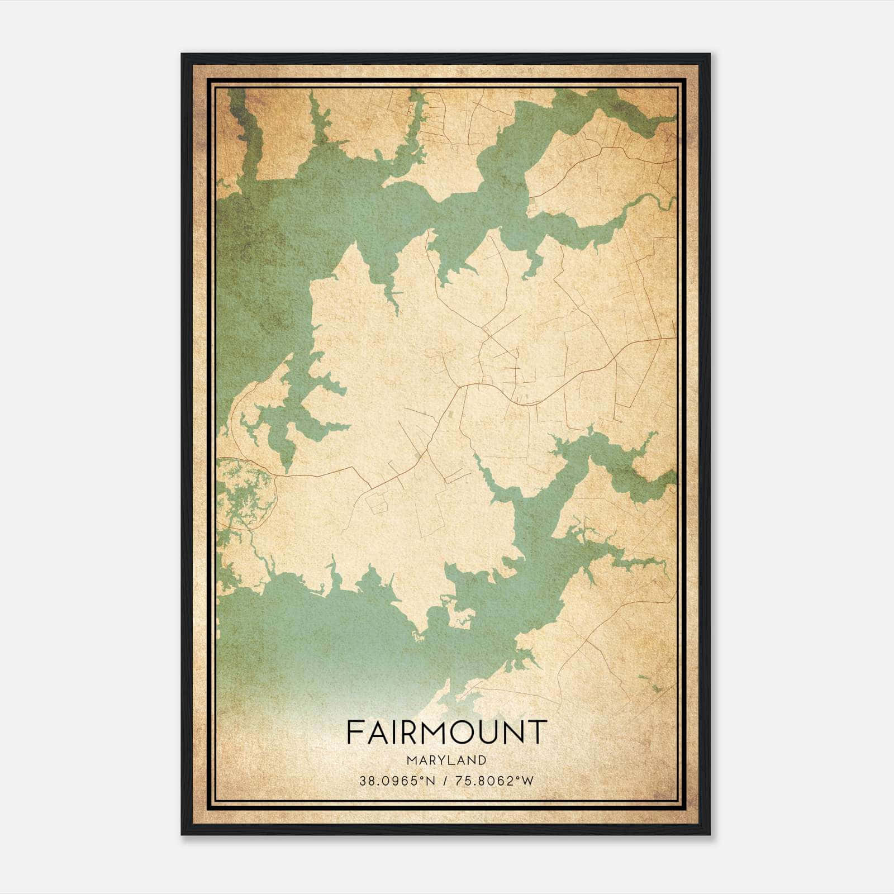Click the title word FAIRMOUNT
pos(445,732)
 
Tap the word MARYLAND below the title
pos(446,760)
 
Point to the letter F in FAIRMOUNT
pos(354,732)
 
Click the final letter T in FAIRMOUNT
pos(536,732)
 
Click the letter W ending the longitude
pos(528,781)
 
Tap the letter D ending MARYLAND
pos(481,760)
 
